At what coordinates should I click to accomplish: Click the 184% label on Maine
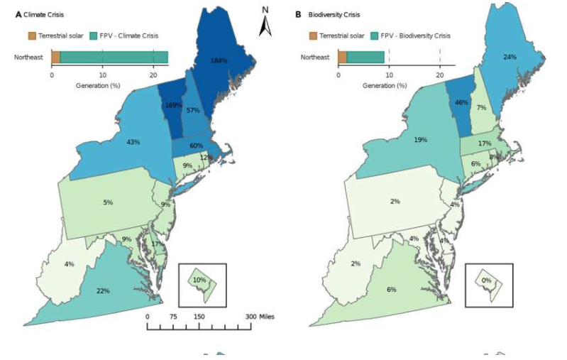tap(218, 61)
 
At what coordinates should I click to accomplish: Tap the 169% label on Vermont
tap(174, 104)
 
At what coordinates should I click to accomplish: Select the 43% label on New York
tap(133, 142)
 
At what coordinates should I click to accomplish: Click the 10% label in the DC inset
tap(199, 280)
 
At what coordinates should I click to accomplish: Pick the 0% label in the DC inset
tap(485, 280)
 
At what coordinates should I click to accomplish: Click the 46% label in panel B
tap(461, 102)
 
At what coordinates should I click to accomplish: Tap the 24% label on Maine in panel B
tap(509, 57)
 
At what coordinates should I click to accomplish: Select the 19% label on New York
tap(420, 141)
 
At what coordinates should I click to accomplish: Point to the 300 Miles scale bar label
tap(259, 317)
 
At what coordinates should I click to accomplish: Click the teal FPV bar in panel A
tap(114, 57)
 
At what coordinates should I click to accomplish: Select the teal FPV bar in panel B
tap(365, 57)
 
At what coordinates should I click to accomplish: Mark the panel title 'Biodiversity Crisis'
tap(333, 14)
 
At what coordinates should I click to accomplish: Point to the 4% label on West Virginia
tap(69, 264)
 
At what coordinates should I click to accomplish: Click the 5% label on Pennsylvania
tap(107, 202)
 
